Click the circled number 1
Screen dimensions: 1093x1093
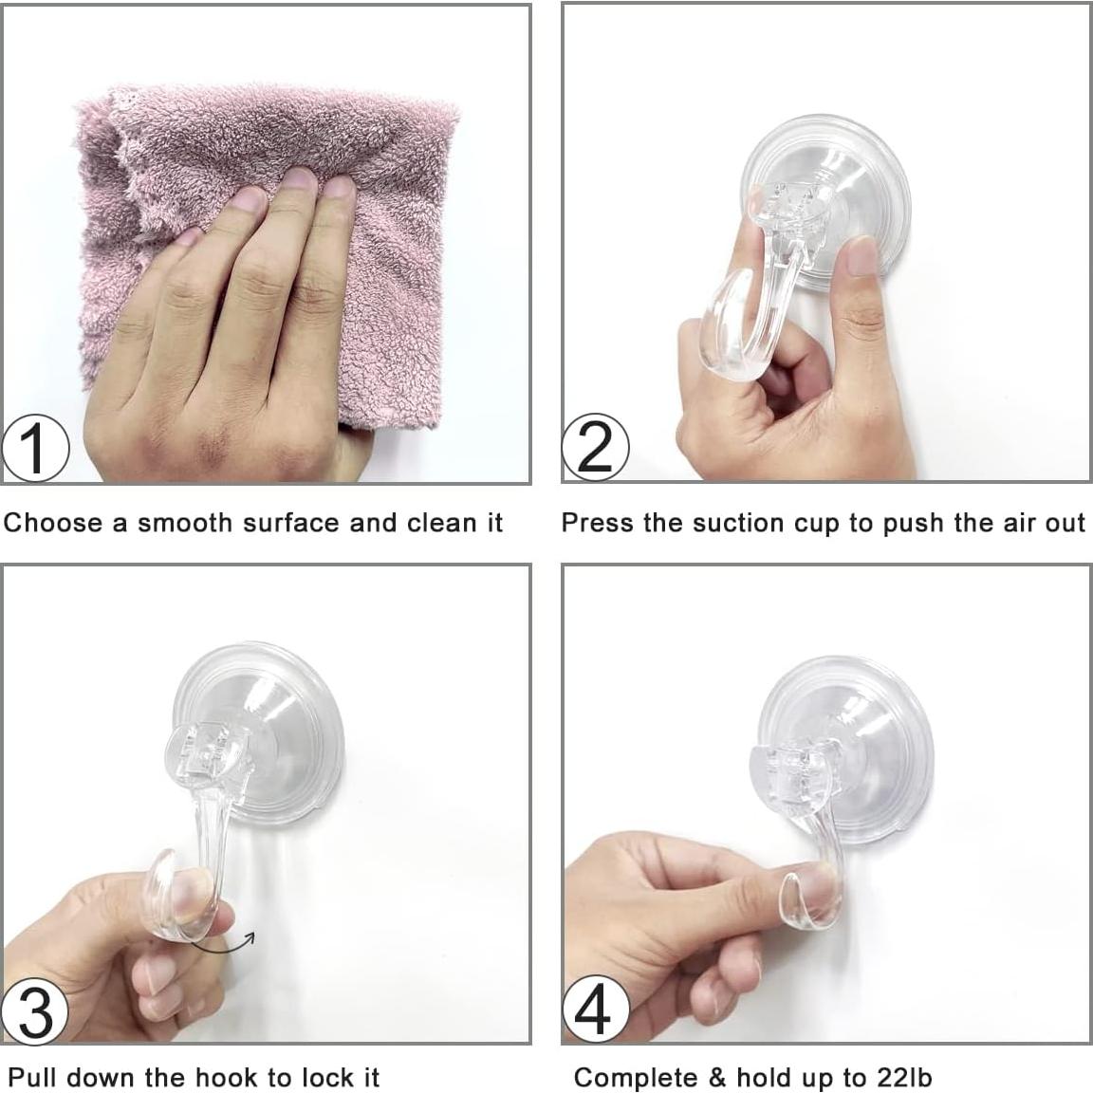coord(35,448)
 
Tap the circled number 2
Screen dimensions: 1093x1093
coord(595,448)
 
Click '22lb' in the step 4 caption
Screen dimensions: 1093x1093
coord(903,1078)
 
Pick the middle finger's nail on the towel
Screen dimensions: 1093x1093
coord(300,180)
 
